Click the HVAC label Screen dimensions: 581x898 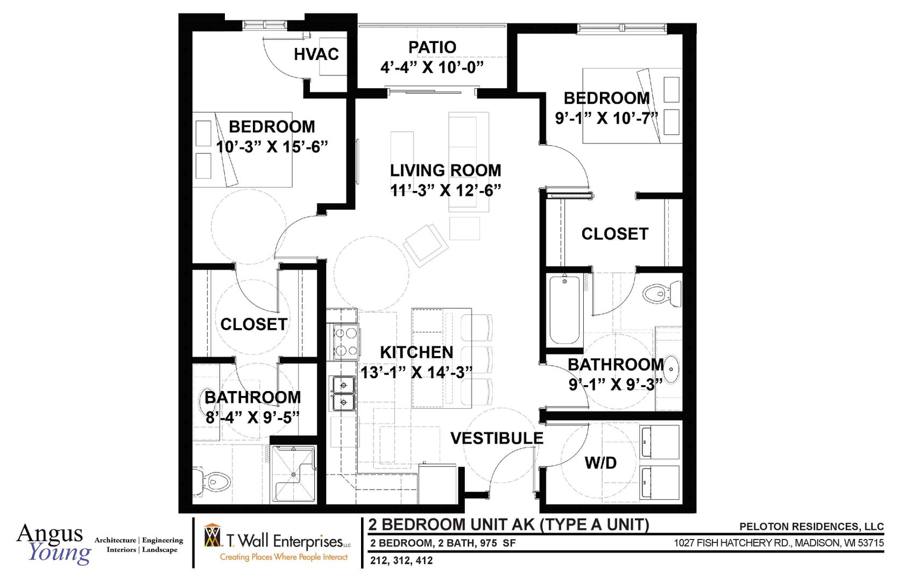[x=316, y=54]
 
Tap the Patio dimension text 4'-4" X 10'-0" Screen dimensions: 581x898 [x=432, y=68]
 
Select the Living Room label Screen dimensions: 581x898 [x=446, y=171]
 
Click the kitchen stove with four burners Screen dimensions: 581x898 [x=345, y=342]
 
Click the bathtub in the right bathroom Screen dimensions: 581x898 [x=564, y=309]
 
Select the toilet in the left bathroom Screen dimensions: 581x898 [x=212, y=481]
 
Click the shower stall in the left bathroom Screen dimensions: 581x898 [x=293, y=474]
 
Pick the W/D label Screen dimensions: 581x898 [x=600, y=463]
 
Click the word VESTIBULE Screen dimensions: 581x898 [x=497, y=438]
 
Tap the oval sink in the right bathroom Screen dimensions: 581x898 [x=672, y=369]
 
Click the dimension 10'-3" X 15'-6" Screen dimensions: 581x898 [x=272, y=147]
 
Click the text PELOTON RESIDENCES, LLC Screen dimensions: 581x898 [x=811, y=527]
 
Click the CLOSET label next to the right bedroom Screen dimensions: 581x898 [x=614, y=234]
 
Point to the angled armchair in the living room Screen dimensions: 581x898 [x=426, y=245]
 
